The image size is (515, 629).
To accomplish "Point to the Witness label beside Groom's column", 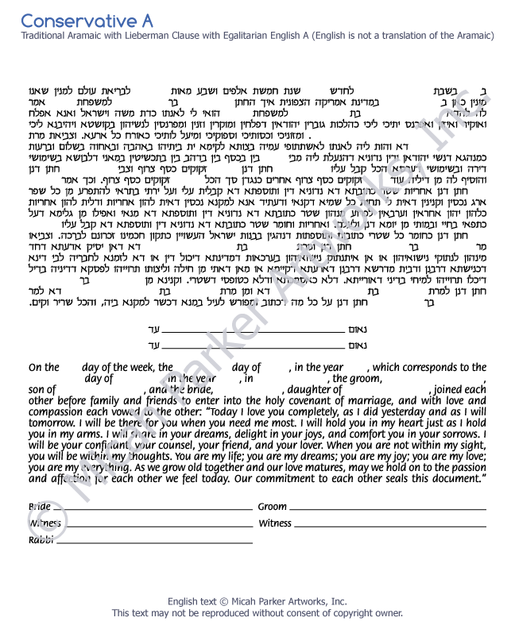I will (275, 524).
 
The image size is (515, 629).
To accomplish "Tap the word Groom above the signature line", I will (273, 507).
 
